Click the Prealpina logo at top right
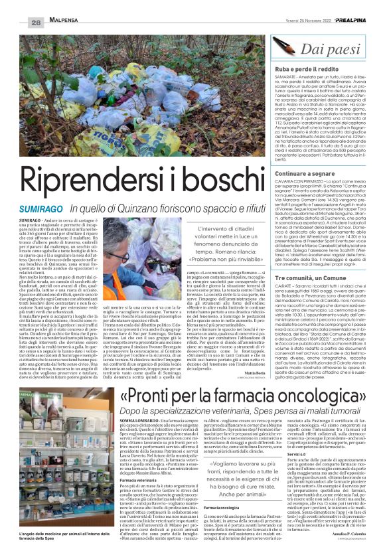[x=351, y=21]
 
